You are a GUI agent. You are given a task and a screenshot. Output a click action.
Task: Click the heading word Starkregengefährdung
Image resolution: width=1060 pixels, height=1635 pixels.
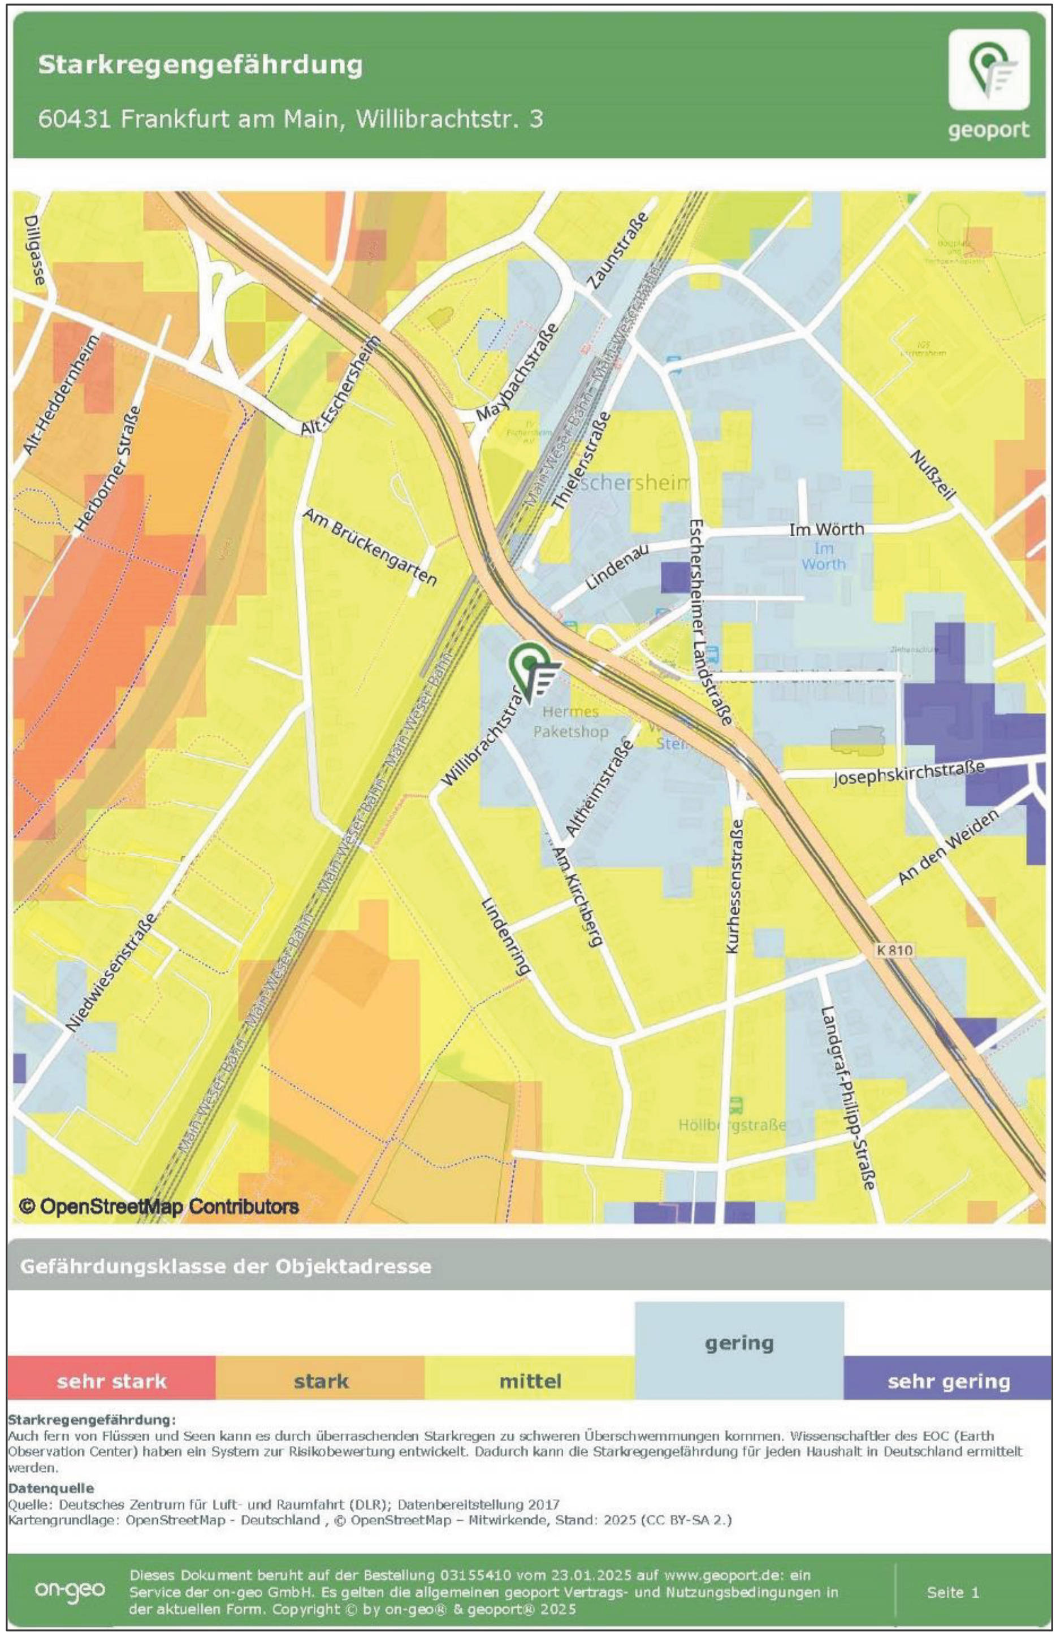pos(200,65)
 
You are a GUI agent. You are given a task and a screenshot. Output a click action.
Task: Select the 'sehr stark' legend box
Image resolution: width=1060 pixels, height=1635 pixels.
pos(111,1381)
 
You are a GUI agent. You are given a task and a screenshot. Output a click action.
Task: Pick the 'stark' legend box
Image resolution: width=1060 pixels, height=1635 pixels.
pos(320,1381)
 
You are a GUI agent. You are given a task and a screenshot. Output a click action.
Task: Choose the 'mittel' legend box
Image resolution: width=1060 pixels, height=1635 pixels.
pos(530,1381)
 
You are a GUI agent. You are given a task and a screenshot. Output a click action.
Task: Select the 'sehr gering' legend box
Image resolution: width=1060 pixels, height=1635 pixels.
pos(948,1381)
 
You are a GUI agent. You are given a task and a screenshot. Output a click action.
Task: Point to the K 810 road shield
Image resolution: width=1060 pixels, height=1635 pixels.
pos(895,950)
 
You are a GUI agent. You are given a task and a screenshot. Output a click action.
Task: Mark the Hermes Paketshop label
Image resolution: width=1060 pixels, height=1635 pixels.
pos(570,721)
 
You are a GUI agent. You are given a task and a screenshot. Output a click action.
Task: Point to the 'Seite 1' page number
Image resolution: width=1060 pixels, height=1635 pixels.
pos(952,1591)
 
